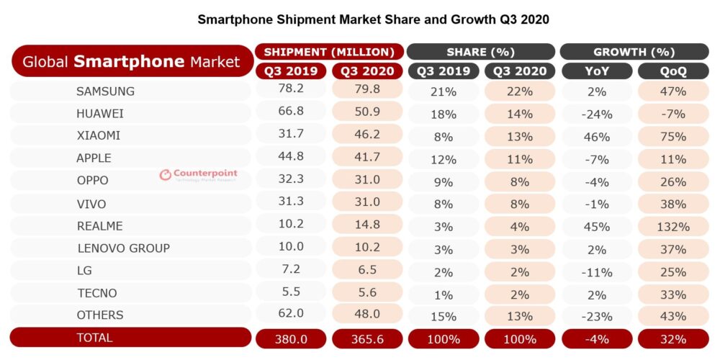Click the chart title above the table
(x=373, y=19)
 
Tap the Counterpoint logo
(x=198, y=175)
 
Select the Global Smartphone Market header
(x=131, y=62)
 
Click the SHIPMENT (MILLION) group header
(x=329, y=52)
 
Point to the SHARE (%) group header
(x=480, y=52)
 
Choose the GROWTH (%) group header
(x=634, y=52)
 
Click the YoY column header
(x=595, y=71)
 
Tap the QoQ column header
(x=672, y=71)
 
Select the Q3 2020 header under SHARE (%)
(x=519, y=71)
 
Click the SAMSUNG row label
(x=105, y=91)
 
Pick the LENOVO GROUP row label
(x=123, y=248)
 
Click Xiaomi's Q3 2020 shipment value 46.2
(x=367, y=135)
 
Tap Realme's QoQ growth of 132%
(x=672, y=226)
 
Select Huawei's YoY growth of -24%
(x=595, y=114)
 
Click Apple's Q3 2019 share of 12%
(x=442, y=158)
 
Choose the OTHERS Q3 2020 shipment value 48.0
(x=367, y=315)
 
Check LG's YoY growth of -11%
(x=595, y=271)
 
